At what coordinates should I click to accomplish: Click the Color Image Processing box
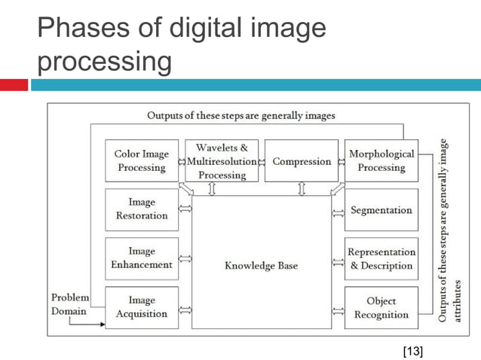point(142,160)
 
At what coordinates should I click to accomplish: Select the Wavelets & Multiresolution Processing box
point(222,161)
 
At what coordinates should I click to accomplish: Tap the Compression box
point(302,161)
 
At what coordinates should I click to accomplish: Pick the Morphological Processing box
point(381,160)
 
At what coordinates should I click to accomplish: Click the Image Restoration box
point(142,209)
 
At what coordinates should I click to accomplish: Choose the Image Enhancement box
point(142,258)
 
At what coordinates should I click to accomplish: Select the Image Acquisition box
point(142,307)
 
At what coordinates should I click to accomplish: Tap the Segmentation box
point(381,209)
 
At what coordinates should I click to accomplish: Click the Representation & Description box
point(381,258)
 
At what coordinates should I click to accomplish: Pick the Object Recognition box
point(381,307)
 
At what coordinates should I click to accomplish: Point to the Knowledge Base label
point(261,266)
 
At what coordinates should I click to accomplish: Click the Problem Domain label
point(70,304)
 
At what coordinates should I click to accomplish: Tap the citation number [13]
point(412,349)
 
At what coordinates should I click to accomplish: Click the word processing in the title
point(104,62)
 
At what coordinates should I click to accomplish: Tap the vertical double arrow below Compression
point(302,188)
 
